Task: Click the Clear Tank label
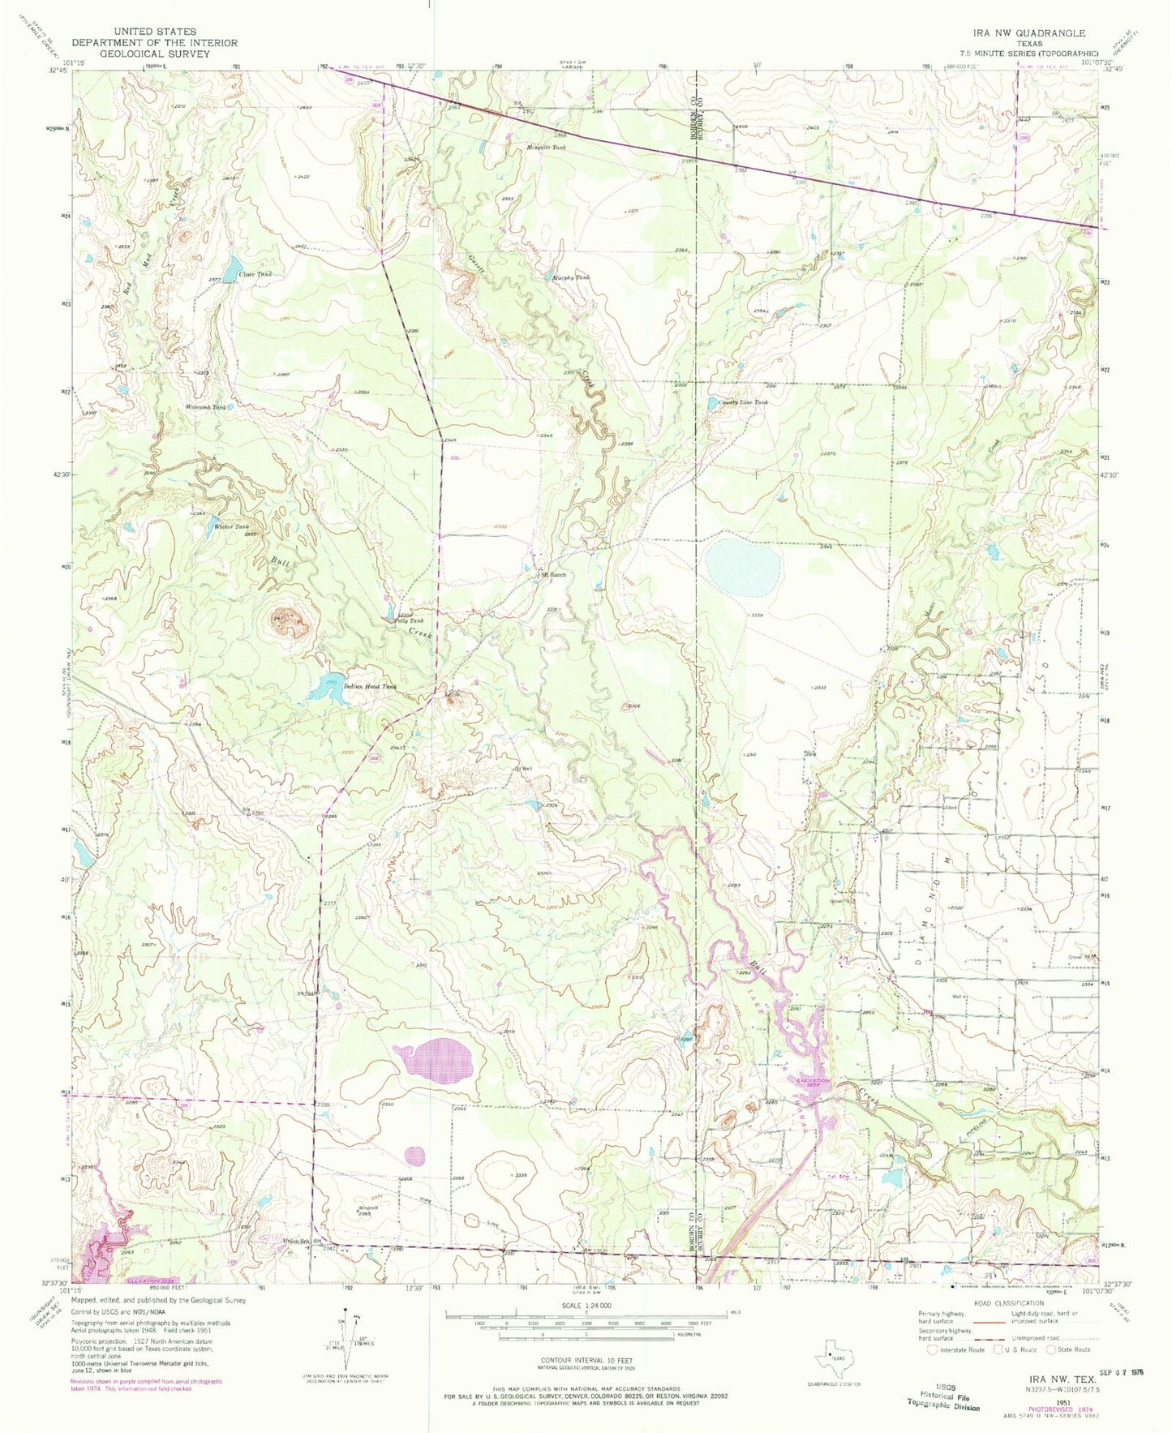(x=256, y=274)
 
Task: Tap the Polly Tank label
(x=409, y=621)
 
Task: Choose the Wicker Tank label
(x=231, y=526)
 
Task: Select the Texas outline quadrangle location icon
(x=833, y=1354)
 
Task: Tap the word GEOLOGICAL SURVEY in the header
(x=153, y=54)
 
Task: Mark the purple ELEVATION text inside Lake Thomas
(x=813, y=1081)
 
